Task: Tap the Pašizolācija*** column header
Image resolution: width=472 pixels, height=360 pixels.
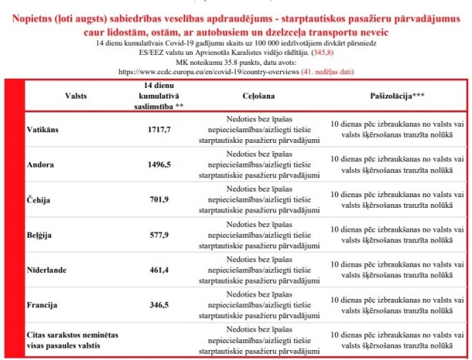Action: (x=396, y=97)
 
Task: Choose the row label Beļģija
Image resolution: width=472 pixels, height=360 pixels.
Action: (x=44, y=235)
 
